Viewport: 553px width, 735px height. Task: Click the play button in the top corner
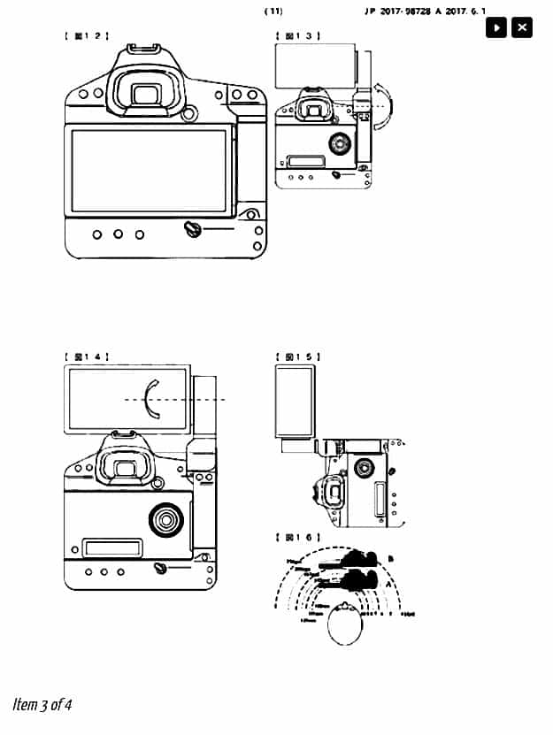(x=496, y=27)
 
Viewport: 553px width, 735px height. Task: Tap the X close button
(x=522, y=27)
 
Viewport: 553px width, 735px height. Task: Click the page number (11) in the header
(x=273, y=11)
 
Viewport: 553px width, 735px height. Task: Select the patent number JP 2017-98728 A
(x=407, y=11)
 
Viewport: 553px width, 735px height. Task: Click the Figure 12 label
(x=86, y=36)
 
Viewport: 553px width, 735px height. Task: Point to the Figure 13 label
(x=298, y=36)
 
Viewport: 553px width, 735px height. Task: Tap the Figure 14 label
(x=86, y=356)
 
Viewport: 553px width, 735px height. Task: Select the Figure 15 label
(x=298, y=356)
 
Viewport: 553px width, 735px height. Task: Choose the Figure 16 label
(x=298, y=537)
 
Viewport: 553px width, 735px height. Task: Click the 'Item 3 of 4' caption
(x=42, y=705)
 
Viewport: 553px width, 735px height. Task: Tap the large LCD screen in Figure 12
(x=150, y=170)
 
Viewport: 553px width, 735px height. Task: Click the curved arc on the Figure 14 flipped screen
(x=150, y=399)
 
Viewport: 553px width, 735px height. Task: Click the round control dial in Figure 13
(x=339, y=142)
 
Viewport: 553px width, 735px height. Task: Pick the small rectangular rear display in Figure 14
(x=112, y=547)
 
